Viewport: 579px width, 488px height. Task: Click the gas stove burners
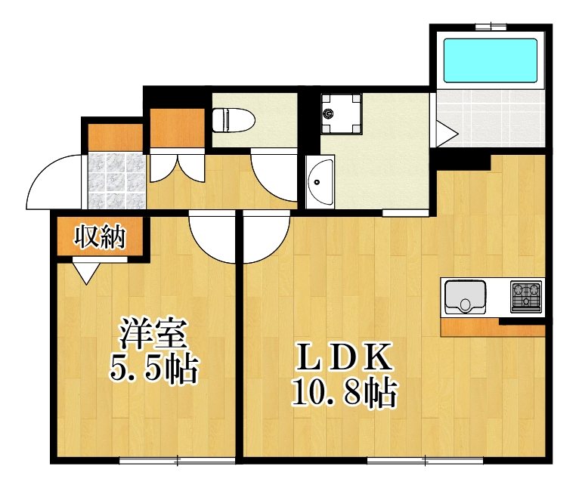526,296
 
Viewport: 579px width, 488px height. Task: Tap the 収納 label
98,238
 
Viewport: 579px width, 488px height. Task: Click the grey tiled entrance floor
114,181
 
